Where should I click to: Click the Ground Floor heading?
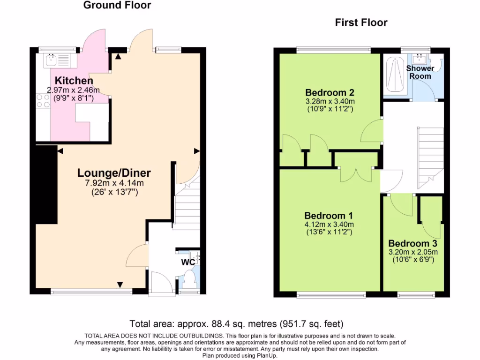pos(117,6)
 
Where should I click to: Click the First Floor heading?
pos(361,22)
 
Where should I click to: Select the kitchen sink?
pos(51,60)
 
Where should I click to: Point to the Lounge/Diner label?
pos(114,172)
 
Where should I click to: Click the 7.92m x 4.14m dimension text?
pos(114,183)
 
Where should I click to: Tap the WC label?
pos(188,262)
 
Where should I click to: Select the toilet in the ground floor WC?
pos(190,280)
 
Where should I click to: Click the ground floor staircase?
pos(187,206)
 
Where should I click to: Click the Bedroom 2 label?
pos(330,92)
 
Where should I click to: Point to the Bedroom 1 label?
pos(329,216)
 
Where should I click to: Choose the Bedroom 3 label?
pos(412,244)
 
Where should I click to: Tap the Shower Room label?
pos(420,72)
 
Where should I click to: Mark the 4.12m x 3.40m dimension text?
pos(330,224)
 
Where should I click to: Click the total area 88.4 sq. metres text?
pos(237,323)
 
